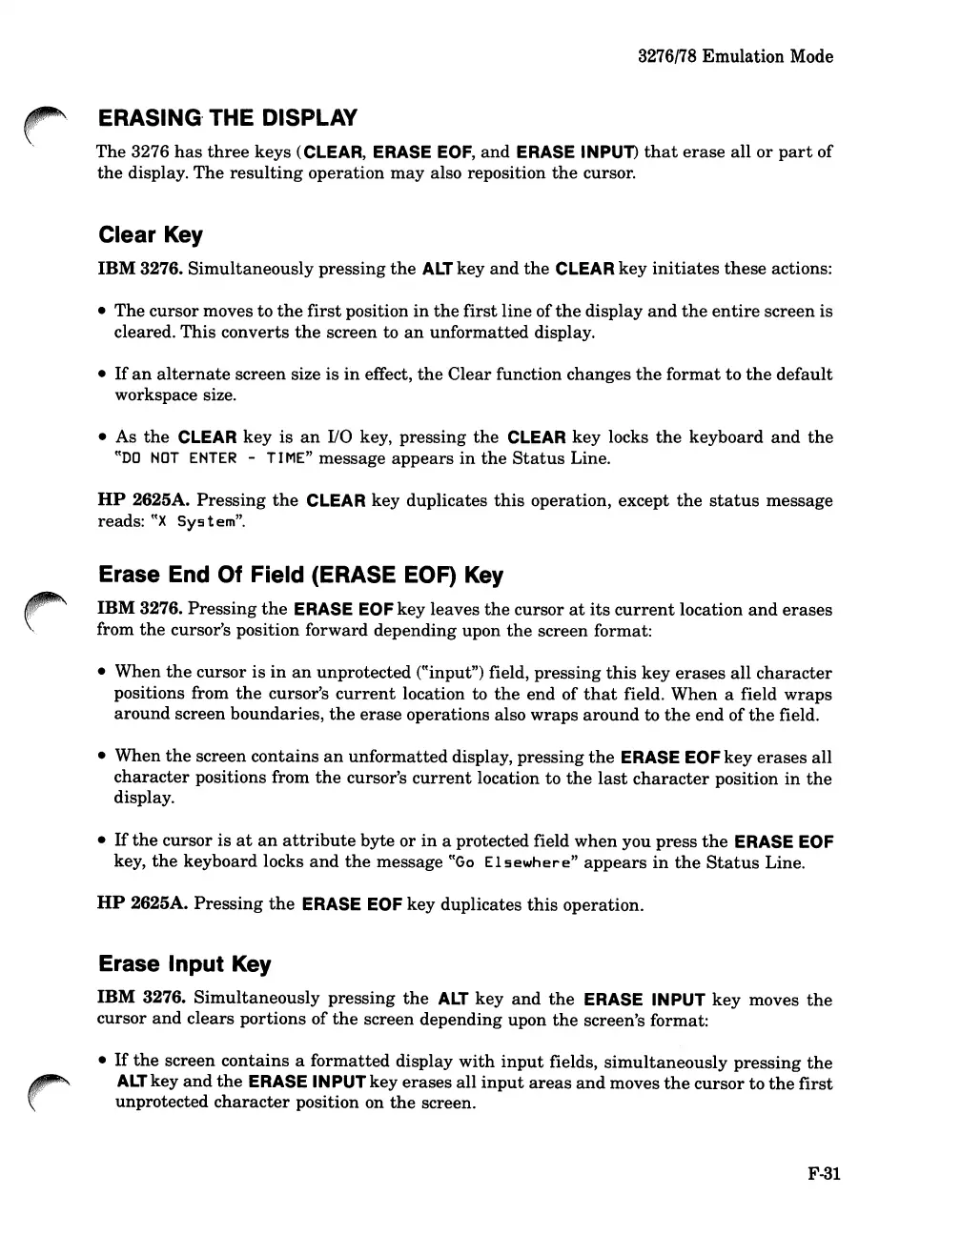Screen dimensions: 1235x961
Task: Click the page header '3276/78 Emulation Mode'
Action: (735, 56)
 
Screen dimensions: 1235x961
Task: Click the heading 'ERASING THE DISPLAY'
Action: (228, 118)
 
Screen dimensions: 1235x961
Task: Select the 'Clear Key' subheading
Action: (151, 235)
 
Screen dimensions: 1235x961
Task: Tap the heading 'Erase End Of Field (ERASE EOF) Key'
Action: (300, 575)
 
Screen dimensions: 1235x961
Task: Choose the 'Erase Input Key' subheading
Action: (185, 964)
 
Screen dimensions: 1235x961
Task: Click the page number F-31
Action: (823, 1174)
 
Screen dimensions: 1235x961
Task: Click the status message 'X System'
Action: (167, 522)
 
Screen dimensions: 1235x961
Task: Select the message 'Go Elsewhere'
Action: (514, 863)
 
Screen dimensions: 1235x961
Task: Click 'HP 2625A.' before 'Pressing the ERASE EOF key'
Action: (142, 903)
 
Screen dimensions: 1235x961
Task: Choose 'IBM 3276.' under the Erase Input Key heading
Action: (141, 999)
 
